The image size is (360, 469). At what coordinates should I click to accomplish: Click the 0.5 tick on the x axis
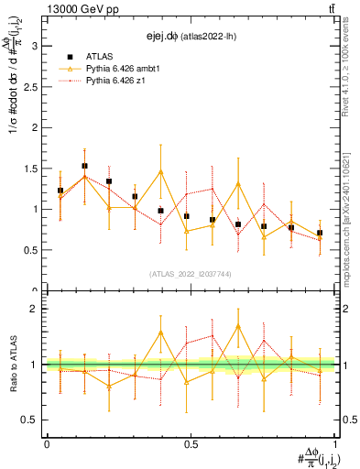tap(191, 444)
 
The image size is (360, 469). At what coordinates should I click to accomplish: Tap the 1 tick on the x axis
tap(334, 444)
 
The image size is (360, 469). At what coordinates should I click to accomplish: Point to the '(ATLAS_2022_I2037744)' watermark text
tap(191, 274)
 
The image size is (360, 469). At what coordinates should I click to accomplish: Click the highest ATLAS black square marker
tap(84, 167)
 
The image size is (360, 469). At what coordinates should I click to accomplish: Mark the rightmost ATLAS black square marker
tap(320, 233)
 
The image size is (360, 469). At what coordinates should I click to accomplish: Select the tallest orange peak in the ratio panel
tap(238, 325)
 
